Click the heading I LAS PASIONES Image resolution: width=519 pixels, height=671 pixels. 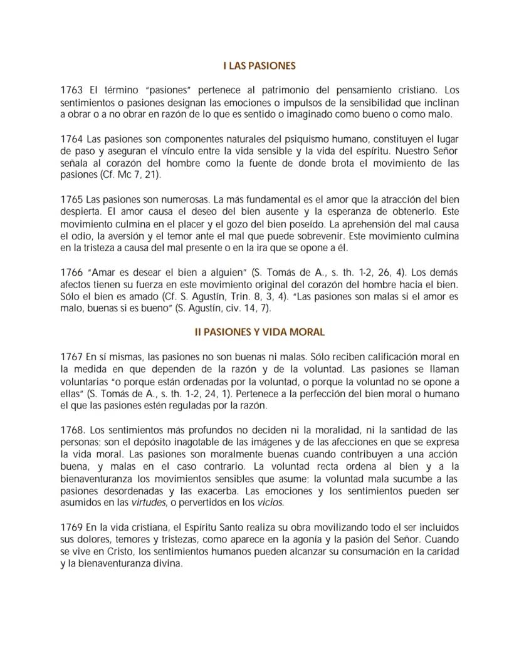pyautogui.click(x=259, y=65)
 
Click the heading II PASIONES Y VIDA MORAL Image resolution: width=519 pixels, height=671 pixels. pyautogui.click(x=259, y=332)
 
